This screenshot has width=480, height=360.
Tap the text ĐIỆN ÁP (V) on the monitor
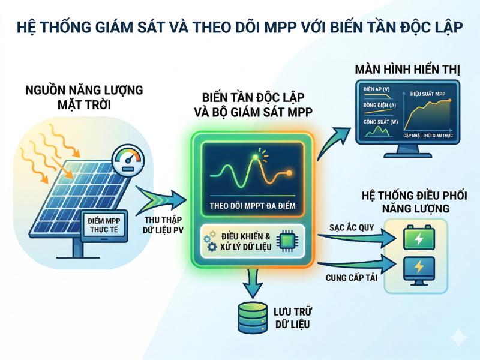(376, 89)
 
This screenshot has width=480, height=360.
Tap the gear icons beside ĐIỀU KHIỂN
(210, 240)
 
